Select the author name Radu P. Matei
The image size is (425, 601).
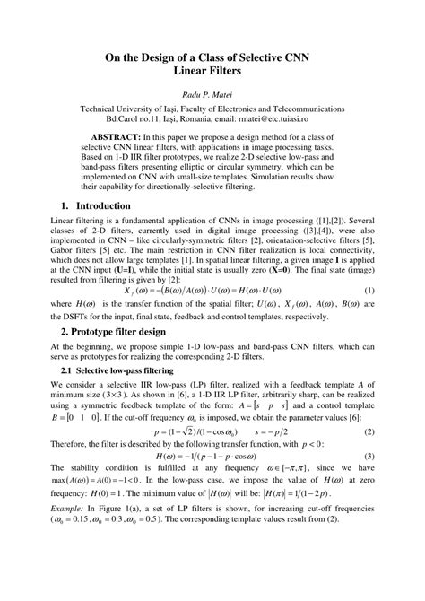[212, 94]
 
